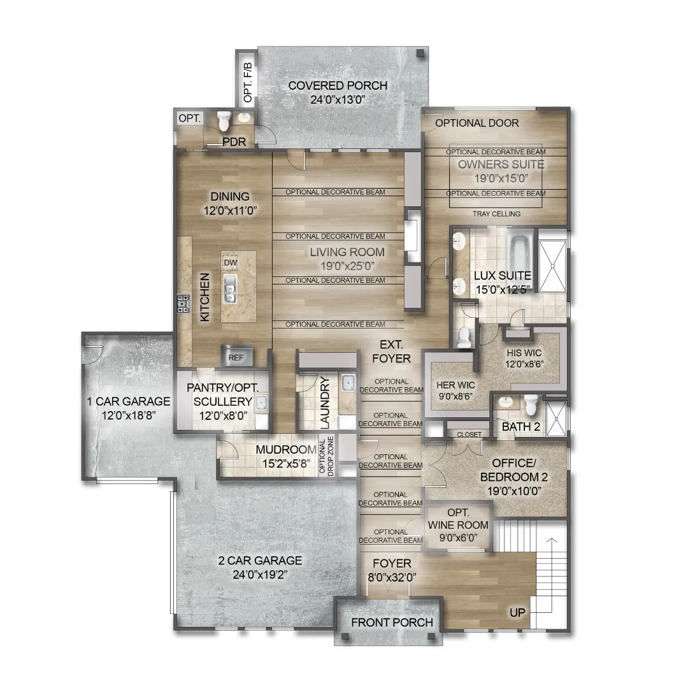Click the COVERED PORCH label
pos(338,85)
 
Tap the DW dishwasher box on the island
pos(231,263)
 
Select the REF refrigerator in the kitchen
pos(236,356)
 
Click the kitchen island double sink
pos(230,289)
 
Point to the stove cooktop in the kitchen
pos(184,304)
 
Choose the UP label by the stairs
pos(517,613)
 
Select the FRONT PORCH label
pos(392,622)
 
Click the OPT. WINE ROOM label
pos(458,519)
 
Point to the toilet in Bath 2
pos(531,405)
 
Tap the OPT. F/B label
pos(248,82)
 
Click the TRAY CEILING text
pos(497,213)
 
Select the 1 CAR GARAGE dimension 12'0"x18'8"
pos(129,415)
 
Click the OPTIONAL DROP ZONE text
pos(327,456)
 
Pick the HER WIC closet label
pos(455,385)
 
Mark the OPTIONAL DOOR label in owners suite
pos(477,123)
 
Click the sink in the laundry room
pos(349,383)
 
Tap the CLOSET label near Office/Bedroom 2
pos(469,434)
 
